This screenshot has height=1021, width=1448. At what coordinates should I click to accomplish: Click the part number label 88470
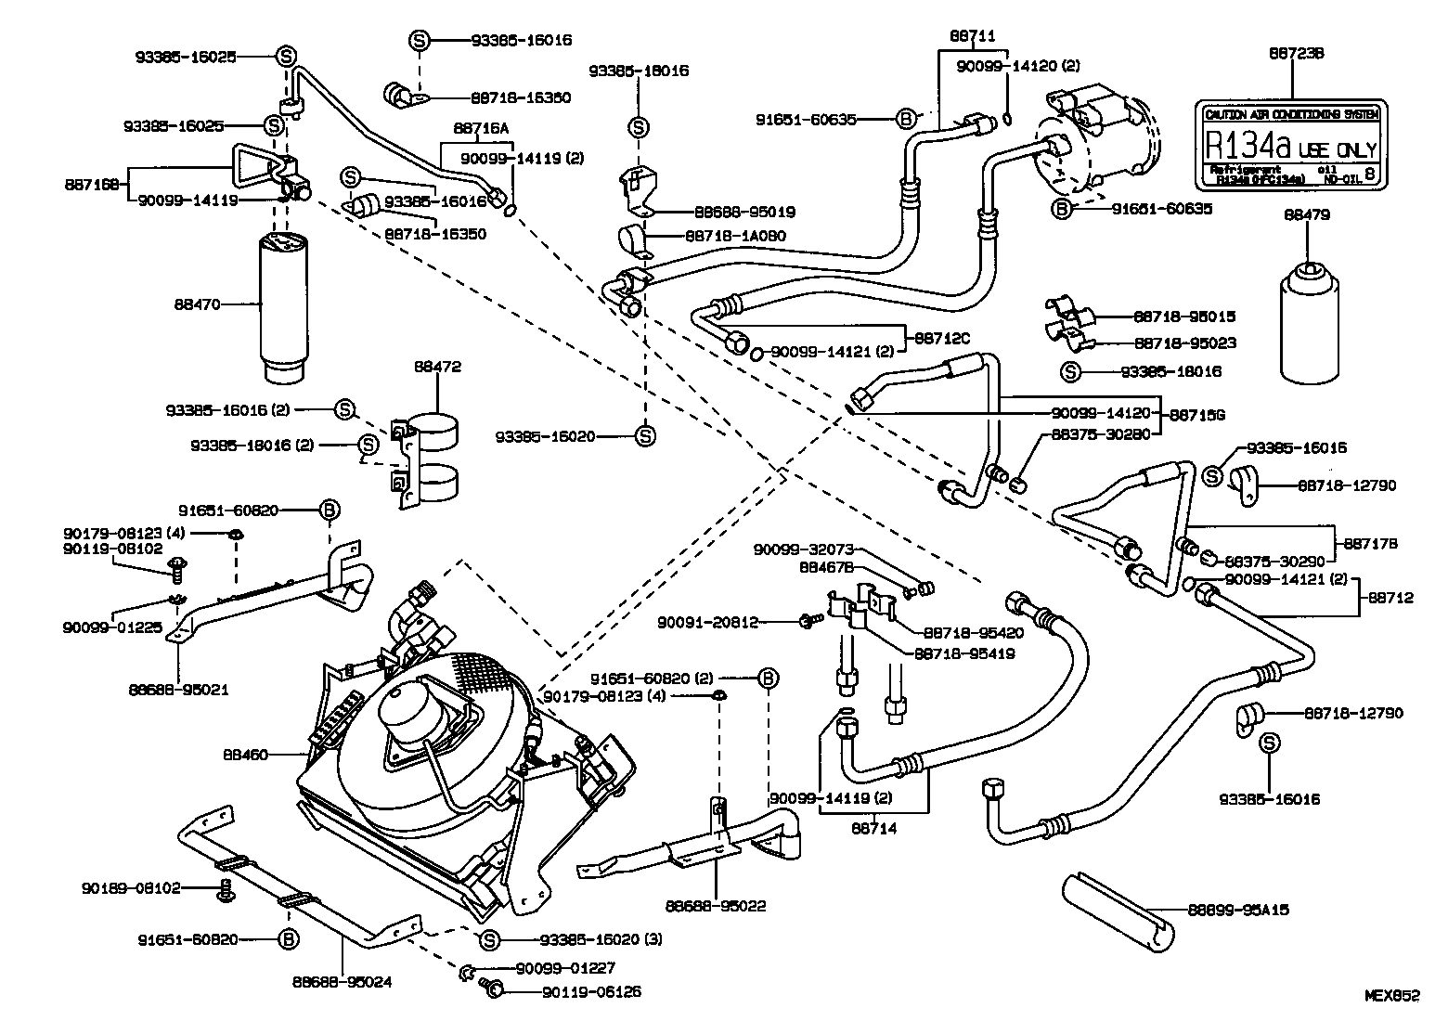(196, 304)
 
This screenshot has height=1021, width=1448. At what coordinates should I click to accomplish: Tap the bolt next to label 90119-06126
(495, 991)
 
